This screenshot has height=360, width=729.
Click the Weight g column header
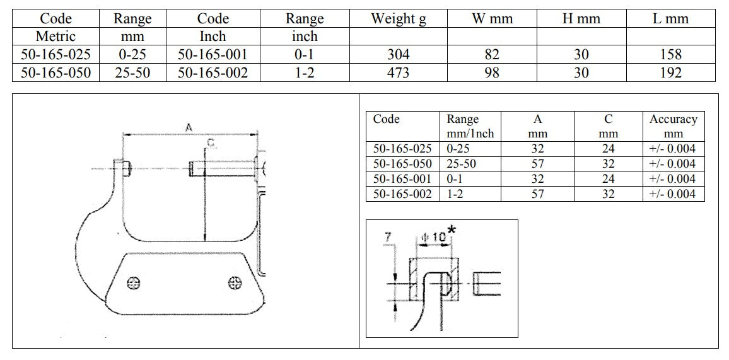pos(398,18)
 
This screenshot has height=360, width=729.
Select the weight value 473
pos(398,73)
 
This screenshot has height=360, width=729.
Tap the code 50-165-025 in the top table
pos(55,55)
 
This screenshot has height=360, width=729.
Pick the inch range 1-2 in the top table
pos(305,73)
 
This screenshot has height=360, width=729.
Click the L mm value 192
pos(670,73)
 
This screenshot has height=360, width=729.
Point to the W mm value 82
pos(491,55)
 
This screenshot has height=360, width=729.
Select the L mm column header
pos(670,18)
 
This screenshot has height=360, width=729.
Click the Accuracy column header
pos(674,126)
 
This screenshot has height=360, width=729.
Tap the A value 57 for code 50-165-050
pos(537,164)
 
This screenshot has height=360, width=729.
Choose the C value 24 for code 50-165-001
pos(608,179)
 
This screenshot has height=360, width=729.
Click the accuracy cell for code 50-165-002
pos(674,194)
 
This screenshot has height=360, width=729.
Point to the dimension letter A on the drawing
pos(189,127)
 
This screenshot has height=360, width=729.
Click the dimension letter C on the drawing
pos(211,144)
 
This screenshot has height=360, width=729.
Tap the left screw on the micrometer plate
pos(134,282)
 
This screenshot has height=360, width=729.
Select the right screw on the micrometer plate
pos(235,282)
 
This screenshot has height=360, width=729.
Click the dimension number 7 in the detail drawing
pos(388,237)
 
